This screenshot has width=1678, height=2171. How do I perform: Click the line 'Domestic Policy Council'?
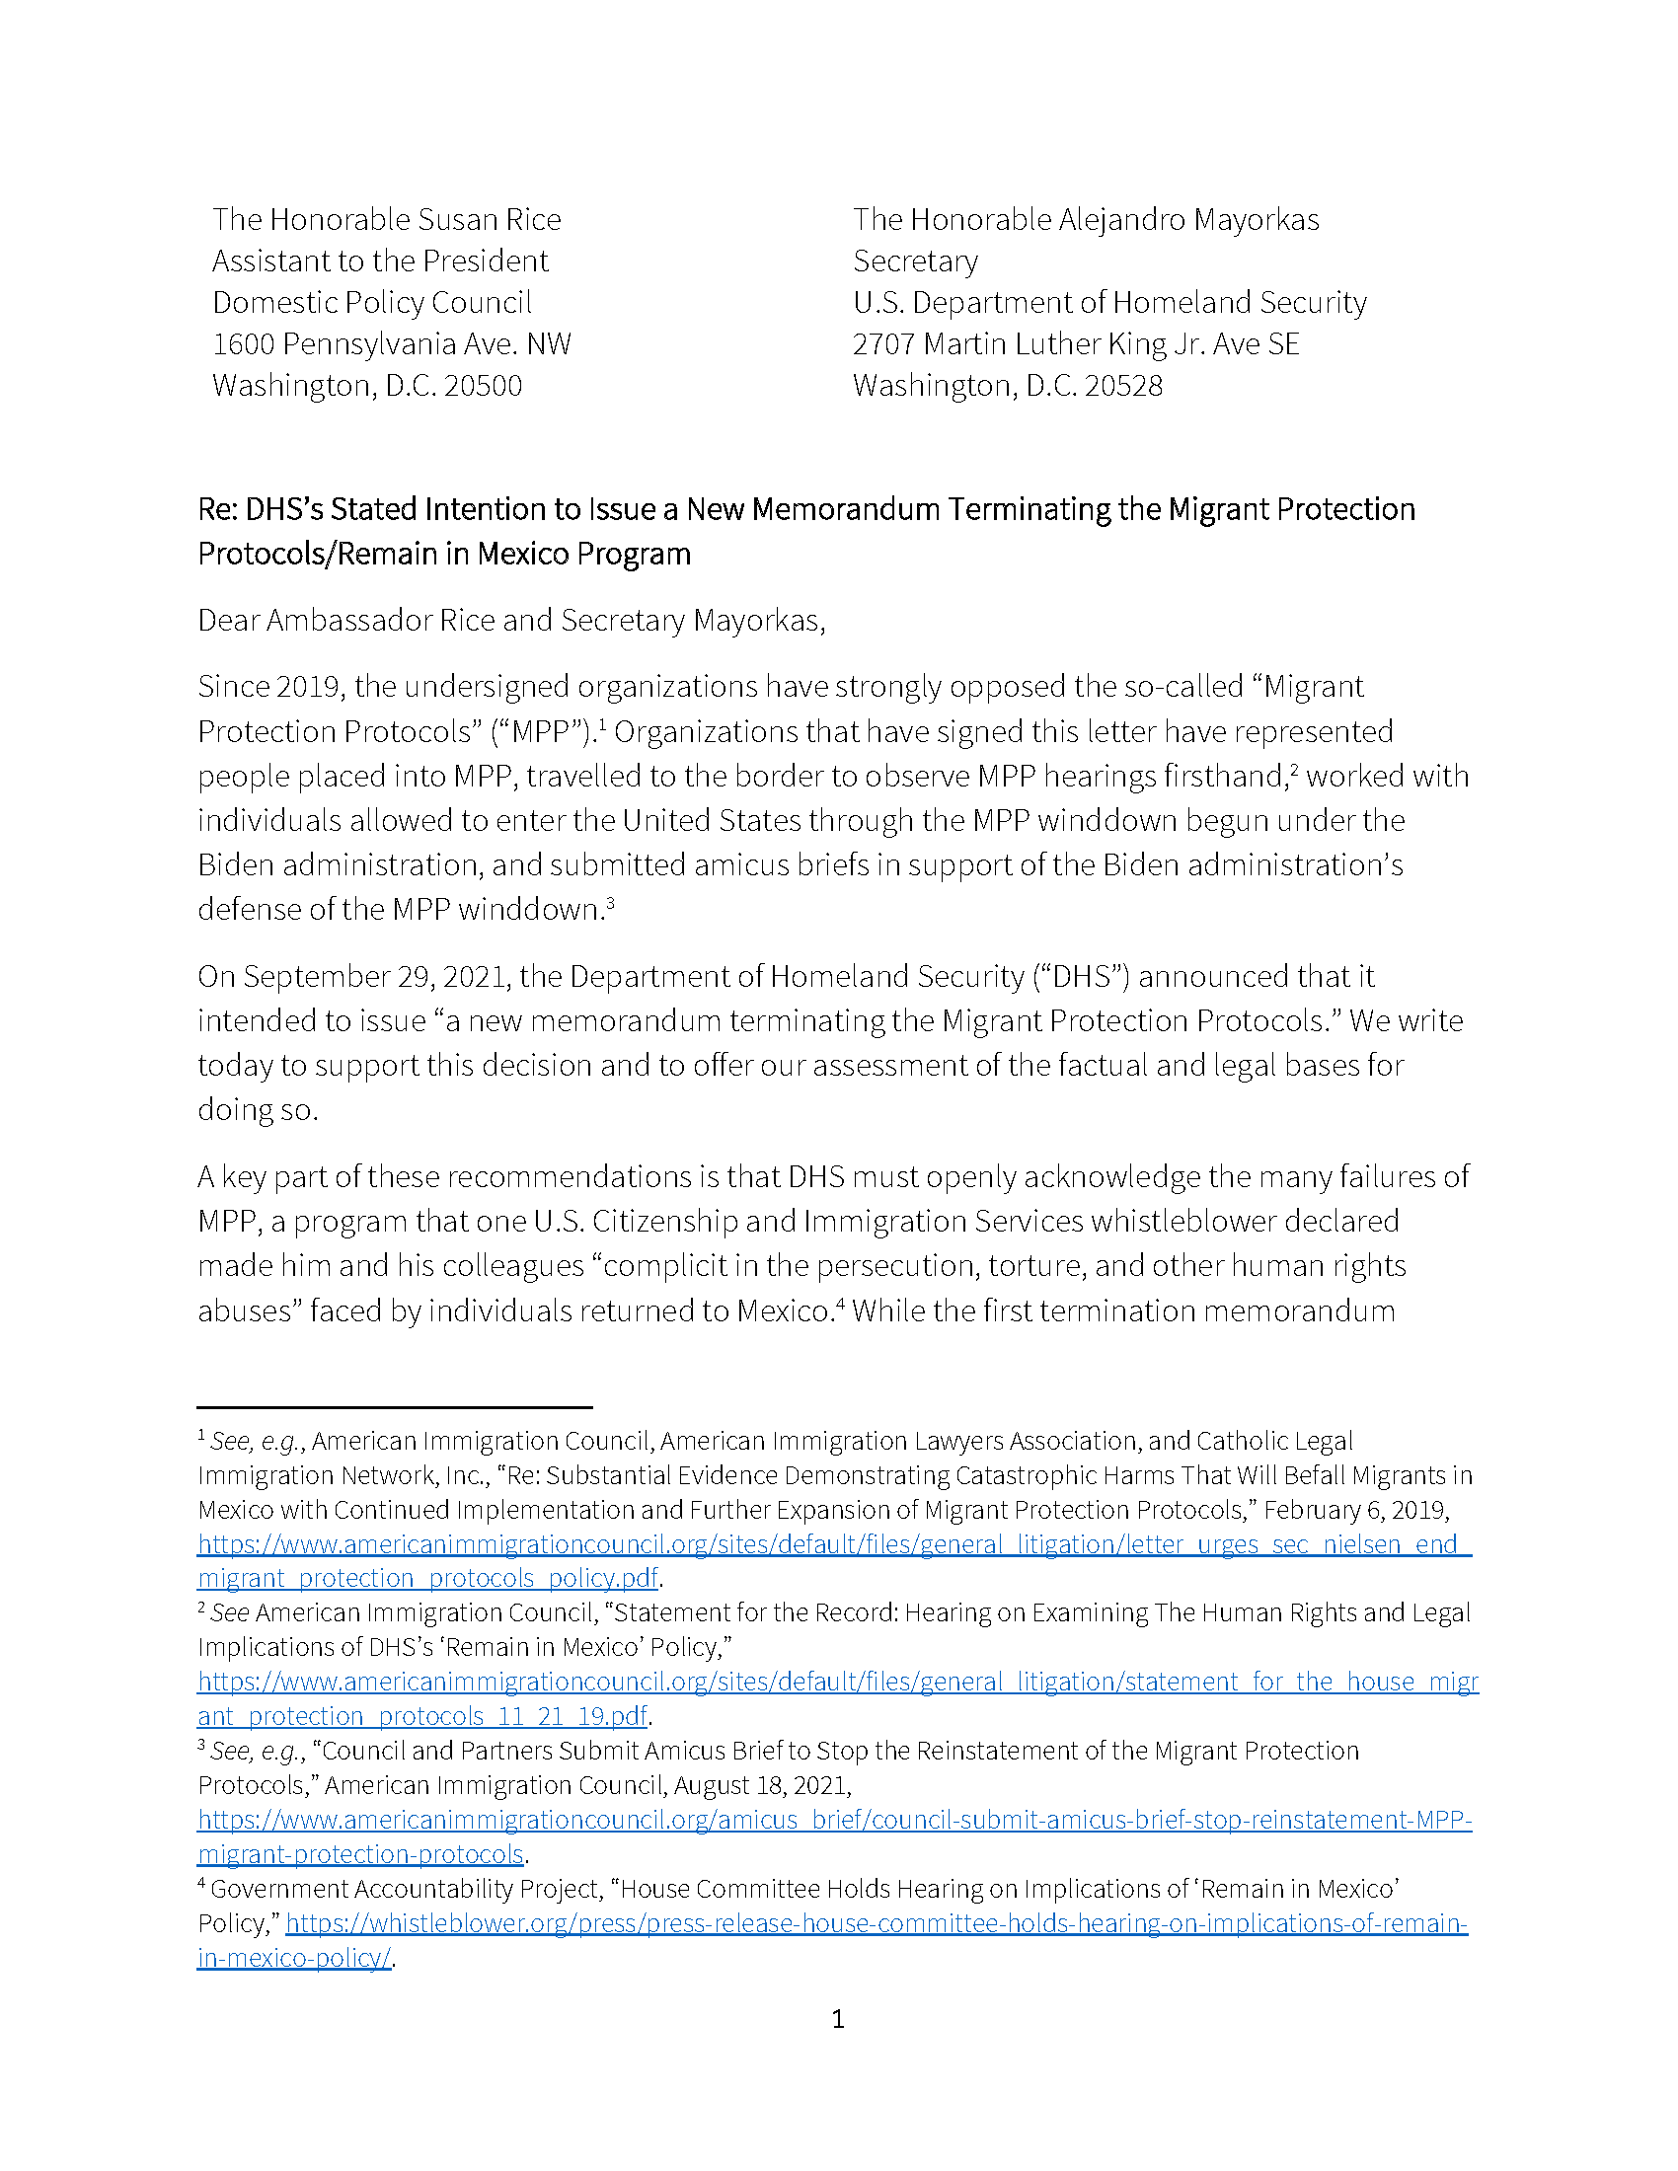[x=372, y=302]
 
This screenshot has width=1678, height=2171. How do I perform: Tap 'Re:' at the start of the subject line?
[x=217, y=510]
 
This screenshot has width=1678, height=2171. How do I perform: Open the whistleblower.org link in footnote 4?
[x=875, y=1923]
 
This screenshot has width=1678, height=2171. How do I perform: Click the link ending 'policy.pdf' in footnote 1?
[x=427, y=1579]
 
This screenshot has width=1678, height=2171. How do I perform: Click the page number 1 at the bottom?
[x=837, y=2019]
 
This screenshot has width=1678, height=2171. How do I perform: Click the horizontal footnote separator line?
[x=394, y=1407]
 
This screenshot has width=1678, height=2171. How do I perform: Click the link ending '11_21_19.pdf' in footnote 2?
[x=422, y=1717]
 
